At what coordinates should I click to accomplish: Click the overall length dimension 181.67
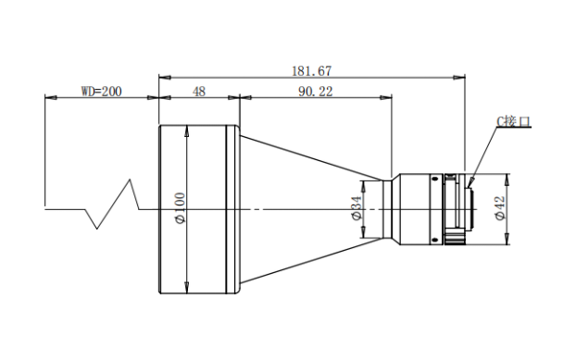tap(312, 71)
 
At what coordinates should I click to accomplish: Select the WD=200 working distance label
tap(102, 91)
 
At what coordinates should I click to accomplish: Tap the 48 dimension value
tap(199, 92)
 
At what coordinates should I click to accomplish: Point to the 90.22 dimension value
tap(316, 92)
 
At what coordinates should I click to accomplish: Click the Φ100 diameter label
tap(181, 208)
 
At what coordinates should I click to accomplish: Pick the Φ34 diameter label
tap(357, 208)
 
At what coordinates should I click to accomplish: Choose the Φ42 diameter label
tap(500, 208)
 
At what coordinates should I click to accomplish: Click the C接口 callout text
tap(514, 121)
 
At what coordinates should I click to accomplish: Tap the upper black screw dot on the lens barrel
tap(435, 179)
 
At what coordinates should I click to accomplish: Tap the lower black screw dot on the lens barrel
tap(435, 240)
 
